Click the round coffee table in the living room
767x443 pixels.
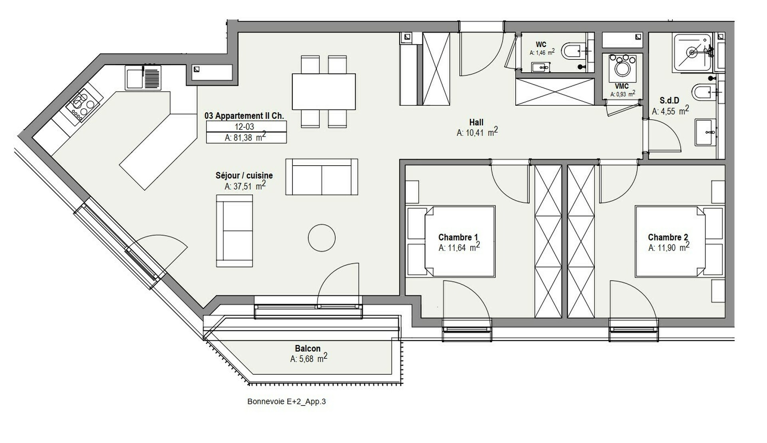[x=322, y=238]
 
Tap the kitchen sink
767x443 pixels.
[x=143, y=77]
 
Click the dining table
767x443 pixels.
[x=324, y=91]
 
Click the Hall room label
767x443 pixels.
[x=476, y=123]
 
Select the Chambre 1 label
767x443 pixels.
[x=458, y=237]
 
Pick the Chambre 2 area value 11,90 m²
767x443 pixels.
[x=669, y=247]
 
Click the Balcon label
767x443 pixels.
[x=308, y=348]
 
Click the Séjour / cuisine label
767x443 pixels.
[x=244, y=175]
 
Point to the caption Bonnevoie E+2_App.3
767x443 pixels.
[x=286, y=401]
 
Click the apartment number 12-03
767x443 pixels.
[x=244, y=127]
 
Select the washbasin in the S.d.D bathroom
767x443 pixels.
[x=706, y=132]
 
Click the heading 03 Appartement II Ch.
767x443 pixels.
[x=244, y=116]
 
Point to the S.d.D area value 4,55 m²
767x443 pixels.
[x=670, y=111]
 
